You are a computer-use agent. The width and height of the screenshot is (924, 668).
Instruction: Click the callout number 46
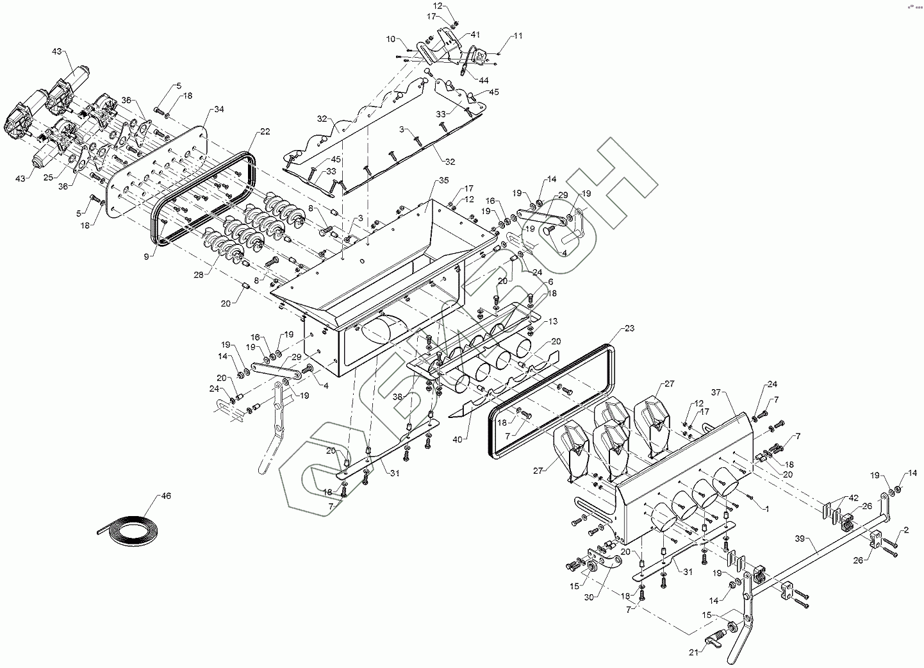click(x=166, y=495)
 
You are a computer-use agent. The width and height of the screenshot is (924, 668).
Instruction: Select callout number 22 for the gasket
click(x=265, y=131)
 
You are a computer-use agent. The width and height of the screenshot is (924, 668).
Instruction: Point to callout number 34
click(x=219, y=109)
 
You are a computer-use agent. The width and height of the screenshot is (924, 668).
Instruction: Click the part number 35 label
click(x=443, y=182)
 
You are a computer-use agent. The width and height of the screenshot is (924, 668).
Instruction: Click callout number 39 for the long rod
click(x=798, y=539)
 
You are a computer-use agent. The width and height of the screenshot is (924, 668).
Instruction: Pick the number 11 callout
click(x=518, y=36)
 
